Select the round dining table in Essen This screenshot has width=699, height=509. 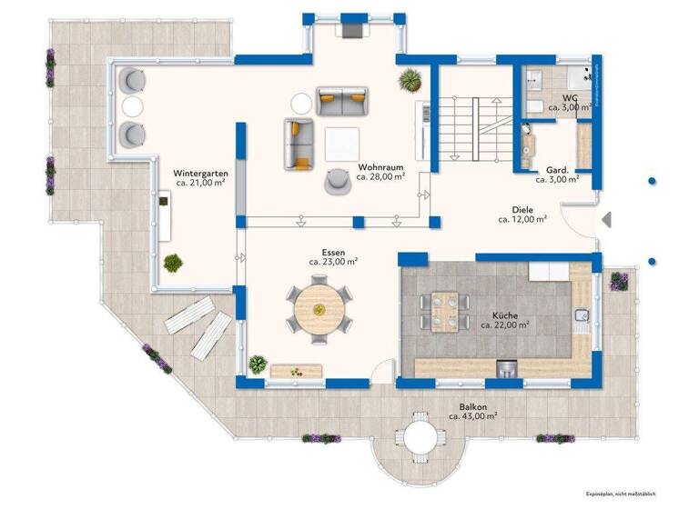[319, 310]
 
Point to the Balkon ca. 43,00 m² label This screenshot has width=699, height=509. [472, 411]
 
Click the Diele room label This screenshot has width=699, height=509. [522, 214]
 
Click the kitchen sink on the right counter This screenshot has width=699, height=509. [582, 315]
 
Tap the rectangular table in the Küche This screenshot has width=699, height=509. [443, 310]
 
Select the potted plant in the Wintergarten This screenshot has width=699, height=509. [171, 263]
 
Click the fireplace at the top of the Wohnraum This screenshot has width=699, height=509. [349, 30]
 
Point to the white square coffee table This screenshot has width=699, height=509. [340, 141]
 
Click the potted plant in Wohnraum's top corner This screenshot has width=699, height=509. [410, 78]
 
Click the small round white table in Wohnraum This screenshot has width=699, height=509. [299, 102]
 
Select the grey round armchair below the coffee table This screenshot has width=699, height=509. [339, 181]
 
